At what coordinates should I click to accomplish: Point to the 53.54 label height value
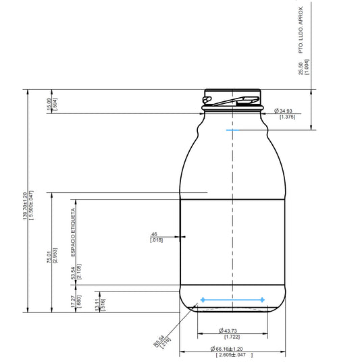pyautogui.click(x=74, y=272)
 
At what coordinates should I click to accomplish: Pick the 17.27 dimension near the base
pyautogui.click(x=74, y=300)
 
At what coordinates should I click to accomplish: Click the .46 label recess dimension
pyautogui.click(x=155, y=234)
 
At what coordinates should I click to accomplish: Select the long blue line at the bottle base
pyautogui.click(x=232, y=299)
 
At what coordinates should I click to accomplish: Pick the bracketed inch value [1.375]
pyautogui.click(x=287, y=117)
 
